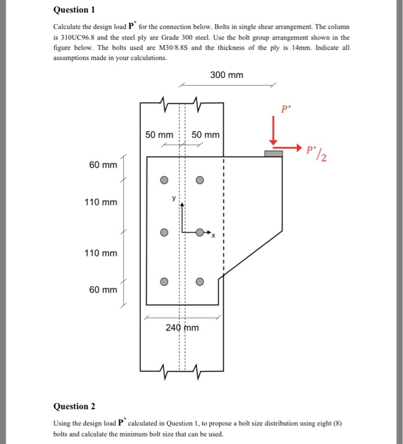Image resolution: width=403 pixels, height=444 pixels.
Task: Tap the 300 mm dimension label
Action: pos(227,75)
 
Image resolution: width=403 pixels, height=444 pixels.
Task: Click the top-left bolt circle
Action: pos(164,180)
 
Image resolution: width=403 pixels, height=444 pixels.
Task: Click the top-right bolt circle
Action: pos(200,180)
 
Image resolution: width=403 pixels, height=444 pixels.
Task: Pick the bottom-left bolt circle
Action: pos(164,282)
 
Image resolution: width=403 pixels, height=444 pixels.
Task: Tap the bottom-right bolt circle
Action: pos(200,282)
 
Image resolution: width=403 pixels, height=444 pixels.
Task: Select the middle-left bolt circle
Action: pos(164,232)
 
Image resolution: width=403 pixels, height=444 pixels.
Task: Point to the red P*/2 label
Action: pos(315,152)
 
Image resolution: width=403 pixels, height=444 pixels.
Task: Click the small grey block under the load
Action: pos(274,153)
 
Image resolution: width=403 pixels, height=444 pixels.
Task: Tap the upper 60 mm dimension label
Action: pos(103,166)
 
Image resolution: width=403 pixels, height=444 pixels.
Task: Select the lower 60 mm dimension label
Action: pos(103,290)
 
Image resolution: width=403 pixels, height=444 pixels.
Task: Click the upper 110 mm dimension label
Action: pos(101,202)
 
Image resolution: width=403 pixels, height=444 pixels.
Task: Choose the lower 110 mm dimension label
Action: pos(101,254)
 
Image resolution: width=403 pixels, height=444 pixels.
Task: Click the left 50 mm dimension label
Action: pos(159,135)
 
